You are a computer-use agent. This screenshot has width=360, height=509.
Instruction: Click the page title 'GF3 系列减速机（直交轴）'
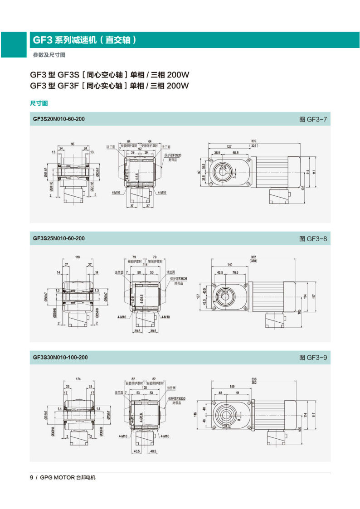pyautogui.click(x=84, y=40)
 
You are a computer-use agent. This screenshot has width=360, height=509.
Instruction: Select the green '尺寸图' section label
pyautogui.click(x=39, y=103)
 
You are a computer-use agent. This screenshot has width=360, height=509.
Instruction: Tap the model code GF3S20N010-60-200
pyautogui.click(x=58, y=119)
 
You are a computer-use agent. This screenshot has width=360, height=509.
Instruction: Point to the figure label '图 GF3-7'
pyautogui.click(x=313, y=120)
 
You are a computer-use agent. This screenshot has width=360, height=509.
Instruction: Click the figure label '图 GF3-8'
pyautogui.click(x=313, y=238)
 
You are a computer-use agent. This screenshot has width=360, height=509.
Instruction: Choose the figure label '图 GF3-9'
pyautogui.click(x=313, y=358)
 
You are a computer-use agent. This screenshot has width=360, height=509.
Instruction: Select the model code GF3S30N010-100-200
pyautogui.click(x=60, y=358)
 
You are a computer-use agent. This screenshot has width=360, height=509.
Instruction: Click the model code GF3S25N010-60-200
pyautogui.click(x=58, y=238)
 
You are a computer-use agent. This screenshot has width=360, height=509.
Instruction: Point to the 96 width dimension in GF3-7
pyautogui.click(x=73, y=144)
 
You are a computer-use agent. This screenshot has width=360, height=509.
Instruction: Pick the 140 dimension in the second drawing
pyautogui.click(x=230, y=264)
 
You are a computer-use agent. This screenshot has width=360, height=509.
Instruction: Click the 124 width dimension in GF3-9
pyautogui.click(x=78, y=378)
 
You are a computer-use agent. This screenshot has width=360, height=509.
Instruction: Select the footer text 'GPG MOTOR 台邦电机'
pyautogui.click(x=68, y=477)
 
